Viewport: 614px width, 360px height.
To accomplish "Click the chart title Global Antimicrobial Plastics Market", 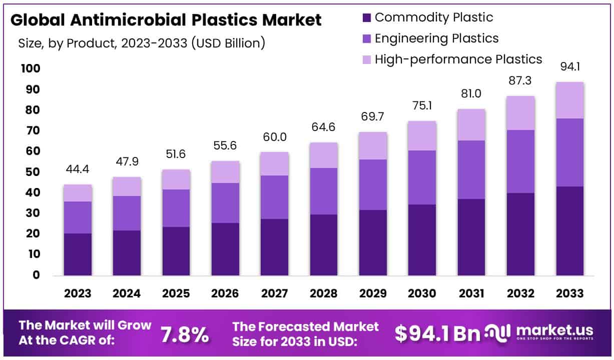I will pyautogui.click(x=166, y=20).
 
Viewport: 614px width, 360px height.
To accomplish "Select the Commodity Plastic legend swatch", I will pyautogui.click(x=366, y=17).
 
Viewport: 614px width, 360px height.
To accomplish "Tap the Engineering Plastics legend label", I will pyautogui.click(x=436, y=38).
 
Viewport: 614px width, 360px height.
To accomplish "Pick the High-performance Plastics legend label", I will pyautogui.click(x=458, y=59).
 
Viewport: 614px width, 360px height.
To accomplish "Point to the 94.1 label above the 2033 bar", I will pyautogui.click(x=570, y=66).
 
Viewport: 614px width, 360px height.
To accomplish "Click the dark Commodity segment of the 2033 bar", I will pyautogui.click(x=569, y=231).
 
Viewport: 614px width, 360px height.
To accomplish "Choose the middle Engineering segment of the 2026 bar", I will pyautogui.click(x=225, y=203).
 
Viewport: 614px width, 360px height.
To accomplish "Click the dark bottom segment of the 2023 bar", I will pyautogui.click(x=78, y=254).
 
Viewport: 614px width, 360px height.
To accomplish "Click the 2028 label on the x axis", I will pyautogui.click(x=324, y=293).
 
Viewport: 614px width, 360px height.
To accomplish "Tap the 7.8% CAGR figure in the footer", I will pyautogui.click(x=185, y=335).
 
